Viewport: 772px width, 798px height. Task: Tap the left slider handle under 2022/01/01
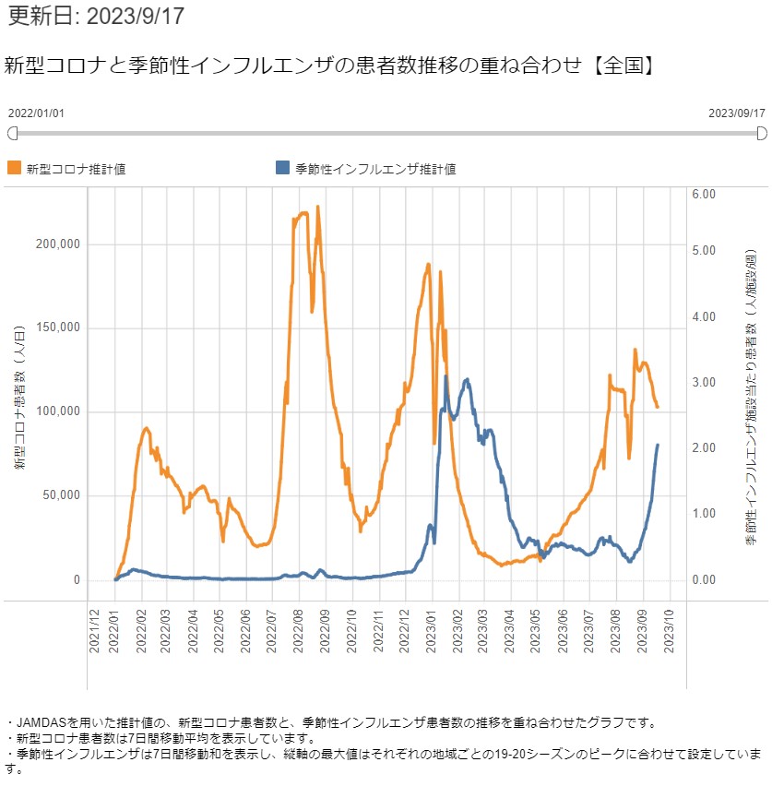[12, 134]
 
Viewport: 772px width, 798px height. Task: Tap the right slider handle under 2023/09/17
[762, 134]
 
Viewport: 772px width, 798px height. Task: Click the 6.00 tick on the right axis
[704, 195]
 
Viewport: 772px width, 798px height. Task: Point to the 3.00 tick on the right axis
[704, 382]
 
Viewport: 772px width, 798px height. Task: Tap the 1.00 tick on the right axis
[704, 514]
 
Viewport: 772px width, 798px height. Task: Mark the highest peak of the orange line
[317, 207]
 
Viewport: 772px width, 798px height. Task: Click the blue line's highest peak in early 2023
[446, 376]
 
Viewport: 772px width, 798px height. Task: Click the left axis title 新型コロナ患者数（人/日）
[19, 397]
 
